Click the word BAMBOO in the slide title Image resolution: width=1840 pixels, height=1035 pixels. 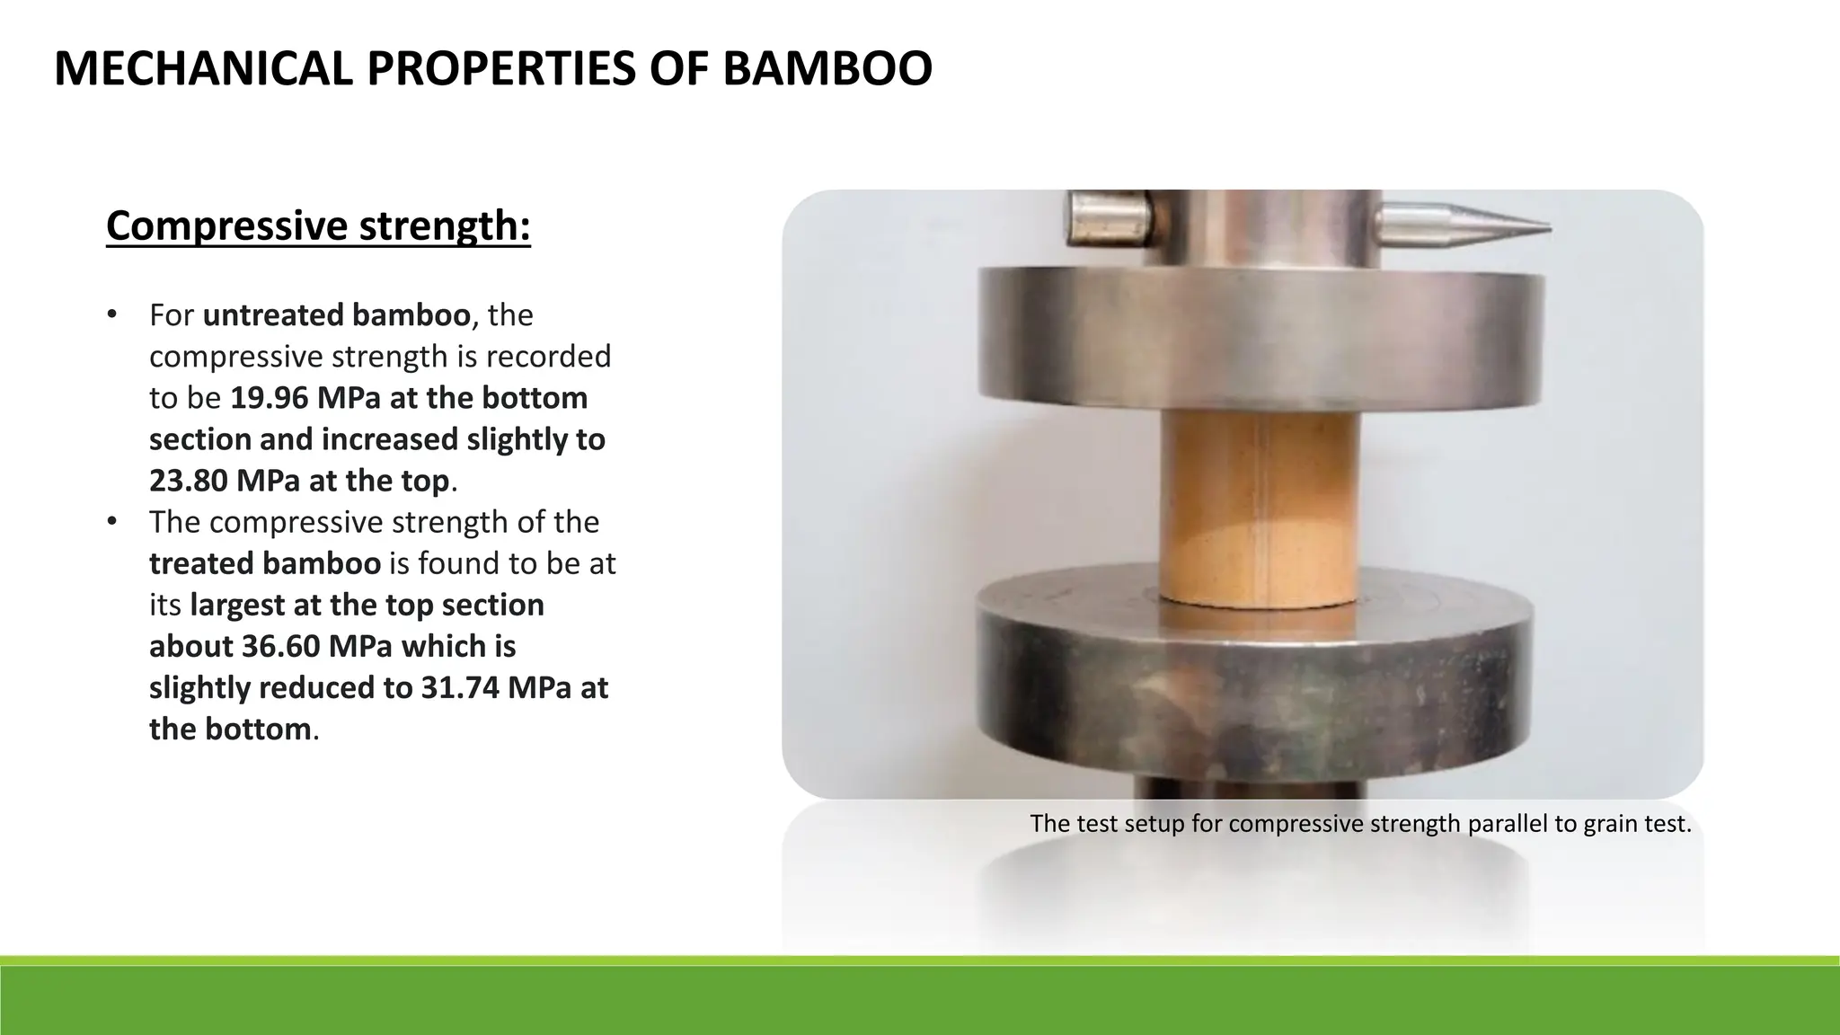pyautogui.click(x=827, y=69)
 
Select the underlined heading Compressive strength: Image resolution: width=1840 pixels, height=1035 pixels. pyautogui.click(x=318, y=226)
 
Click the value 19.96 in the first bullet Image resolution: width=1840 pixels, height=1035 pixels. pyautogui.click(x=266, y=398)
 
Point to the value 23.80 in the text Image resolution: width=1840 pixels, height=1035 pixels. pyautogui.click(x=188, y=481)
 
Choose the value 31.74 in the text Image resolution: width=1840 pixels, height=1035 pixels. pyautogui.click(x=460, y=687)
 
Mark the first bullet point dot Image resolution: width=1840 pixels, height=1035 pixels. pyautogui.click(x=111, y=314)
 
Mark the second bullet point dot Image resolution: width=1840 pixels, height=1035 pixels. pyautogui.click(x=111, y=521)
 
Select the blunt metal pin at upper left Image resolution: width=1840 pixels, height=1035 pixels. pyautogui.click(x=1107, y=220)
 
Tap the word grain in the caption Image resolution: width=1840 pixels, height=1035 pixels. pyautogui.click(x=1611, y=824)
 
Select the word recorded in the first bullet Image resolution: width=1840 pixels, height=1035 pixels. pyautogui.click(x=548, y=357)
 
